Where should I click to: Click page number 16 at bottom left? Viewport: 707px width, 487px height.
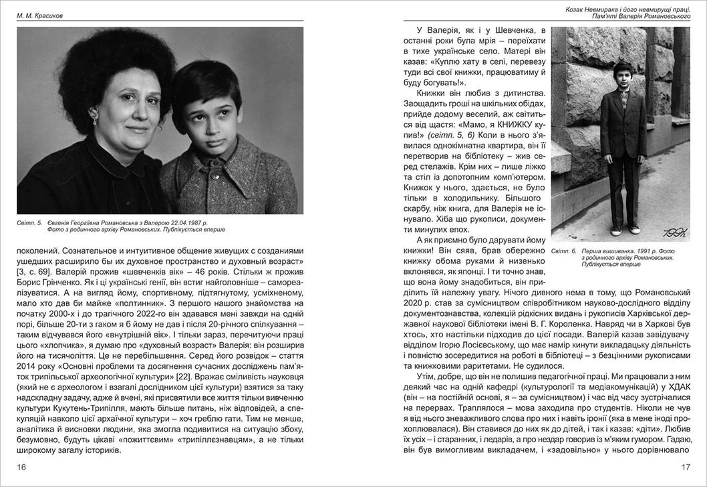pyautogui.click(x=21, y=467)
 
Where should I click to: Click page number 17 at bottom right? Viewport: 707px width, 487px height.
pyautogui.click(x=685, y=467)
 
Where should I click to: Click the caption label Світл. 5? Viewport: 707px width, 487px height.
pyautogui.click(x=29, y=222)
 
